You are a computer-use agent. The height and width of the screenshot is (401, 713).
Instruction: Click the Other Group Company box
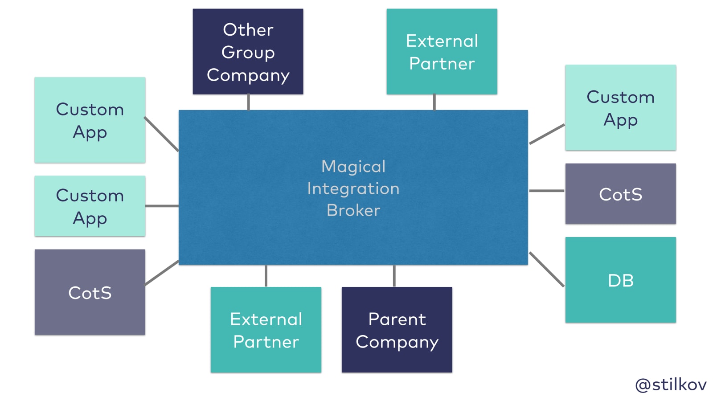[x=248, y=51]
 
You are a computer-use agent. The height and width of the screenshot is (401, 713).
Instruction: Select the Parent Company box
[x=397, y=329]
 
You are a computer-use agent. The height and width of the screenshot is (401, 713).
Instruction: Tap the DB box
[x=620, y=280]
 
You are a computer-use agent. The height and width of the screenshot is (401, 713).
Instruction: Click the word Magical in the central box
[x=353, y=167]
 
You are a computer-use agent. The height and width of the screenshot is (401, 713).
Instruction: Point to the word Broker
[x=353, y=210]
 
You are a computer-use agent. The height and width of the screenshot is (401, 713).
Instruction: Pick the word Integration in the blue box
[x=353, y=188]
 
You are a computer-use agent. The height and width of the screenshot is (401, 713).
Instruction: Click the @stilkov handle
[x=671, y=385]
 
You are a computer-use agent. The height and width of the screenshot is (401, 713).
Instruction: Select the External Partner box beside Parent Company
[x=266, y=329]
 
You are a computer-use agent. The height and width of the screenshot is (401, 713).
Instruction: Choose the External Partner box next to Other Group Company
[x=442, y=51]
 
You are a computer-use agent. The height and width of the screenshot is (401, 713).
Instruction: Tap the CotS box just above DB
[x=620, y=194]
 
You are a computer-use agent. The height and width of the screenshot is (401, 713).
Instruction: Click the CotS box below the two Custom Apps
[x=90, y=292]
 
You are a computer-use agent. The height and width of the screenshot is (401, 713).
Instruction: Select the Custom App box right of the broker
[x=620, y=107]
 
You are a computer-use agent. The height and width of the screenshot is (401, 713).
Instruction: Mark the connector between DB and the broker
[x=547, y=270]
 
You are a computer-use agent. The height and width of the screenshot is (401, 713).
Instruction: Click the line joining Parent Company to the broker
[x=394, y=276]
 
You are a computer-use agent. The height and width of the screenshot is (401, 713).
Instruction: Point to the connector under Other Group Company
[x=248, y=102]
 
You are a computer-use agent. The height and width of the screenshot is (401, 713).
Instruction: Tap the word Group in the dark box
[x=248, y=53]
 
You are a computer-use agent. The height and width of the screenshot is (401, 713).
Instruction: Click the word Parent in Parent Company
[x=397, y=319]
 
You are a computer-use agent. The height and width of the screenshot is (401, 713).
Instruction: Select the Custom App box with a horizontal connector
[x=90, y=206]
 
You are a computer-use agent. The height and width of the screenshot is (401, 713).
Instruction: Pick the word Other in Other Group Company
[x=248, y=30]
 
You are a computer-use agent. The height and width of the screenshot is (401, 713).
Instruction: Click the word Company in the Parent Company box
[x=397, y=342]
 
